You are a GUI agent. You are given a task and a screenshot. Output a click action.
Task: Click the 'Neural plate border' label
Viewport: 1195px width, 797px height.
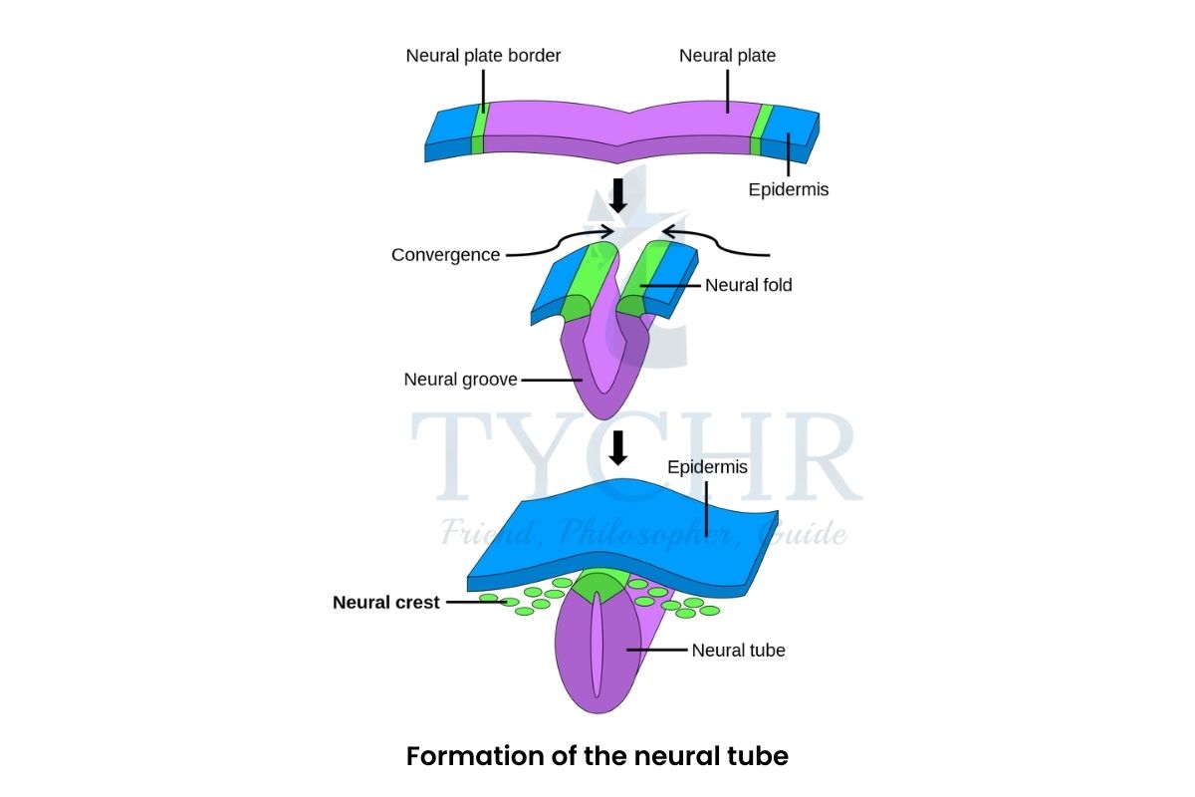(483, 56)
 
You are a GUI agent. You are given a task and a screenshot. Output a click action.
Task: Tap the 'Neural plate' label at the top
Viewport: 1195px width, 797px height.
(727, 56)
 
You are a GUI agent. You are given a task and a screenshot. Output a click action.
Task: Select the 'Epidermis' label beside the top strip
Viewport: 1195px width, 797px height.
(788, 189)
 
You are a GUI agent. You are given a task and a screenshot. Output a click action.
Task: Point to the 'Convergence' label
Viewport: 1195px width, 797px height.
(445, 255)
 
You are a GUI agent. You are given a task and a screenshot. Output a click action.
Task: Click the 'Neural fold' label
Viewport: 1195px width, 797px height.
(748, 285)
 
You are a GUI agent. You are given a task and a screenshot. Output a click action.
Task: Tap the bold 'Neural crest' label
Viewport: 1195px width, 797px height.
(385, 603)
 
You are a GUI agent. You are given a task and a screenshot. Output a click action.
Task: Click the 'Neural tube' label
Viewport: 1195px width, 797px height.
(738, 651)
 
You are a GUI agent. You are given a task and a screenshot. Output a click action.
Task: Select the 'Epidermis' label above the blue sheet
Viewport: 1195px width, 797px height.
(707, 466)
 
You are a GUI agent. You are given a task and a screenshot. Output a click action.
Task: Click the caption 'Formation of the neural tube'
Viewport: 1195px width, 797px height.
(597, 756)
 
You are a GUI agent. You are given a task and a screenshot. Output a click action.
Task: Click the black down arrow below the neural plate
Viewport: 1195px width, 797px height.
(617, 194)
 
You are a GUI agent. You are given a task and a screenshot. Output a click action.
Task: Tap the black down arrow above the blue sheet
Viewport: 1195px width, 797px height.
(617, 447)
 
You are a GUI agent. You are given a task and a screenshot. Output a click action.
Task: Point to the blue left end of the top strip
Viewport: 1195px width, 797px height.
(449, 130)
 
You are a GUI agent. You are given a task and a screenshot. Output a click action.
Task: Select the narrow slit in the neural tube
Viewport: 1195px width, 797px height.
(597, 648)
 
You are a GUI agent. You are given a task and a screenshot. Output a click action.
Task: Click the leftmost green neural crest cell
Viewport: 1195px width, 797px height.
(489, 599)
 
